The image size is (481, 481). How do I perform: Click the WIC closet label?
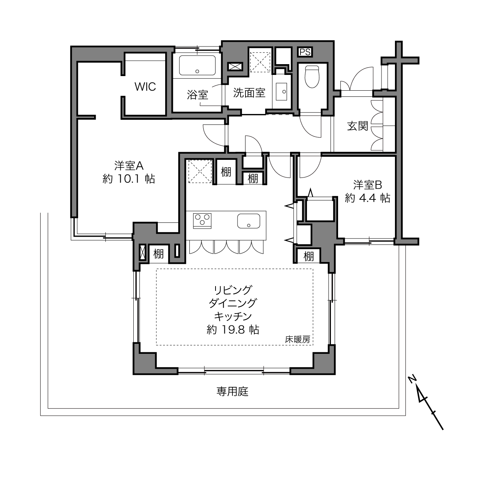coord(145,86)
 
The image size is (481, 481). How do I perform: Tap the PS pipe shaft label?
coord(305,52)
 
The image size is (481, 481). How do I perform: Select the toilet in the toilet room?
coord(312,76)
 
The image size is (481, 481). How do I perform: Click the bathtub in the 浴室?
coord(197,65)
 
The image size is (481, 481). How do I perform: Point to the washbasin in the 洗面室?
coord(282,91)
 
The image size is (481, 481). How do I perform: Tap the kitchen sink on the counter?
coord(249,221)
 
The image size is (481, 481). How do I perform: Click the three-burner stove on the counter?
coord(202,221)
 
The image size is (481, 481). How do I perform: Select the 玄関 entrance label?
coord(358,126)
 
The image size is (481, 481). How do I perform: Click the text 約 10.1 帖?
coord(129,179)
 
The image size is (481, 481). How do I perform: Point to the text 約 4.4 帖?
coord(367,198)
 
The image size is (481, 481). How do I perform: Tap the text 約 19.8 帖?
coord(233,330)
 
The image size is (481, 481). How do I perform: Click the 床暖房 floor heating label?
coord(297,339)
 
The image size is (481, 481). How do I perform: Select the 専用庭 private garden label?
coord(232,391)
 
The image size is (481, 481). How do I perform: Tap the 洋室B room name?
coord(367,185)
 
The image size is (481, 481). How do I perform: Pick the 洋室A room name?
coord(129,166)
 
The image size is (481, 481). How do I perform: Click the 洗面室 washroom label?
coord(249,93)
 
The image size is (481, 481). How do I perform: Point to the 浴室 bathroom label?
coord(197,95)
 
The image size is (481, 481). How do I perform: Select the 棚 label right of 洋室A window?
coord(158,254)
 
